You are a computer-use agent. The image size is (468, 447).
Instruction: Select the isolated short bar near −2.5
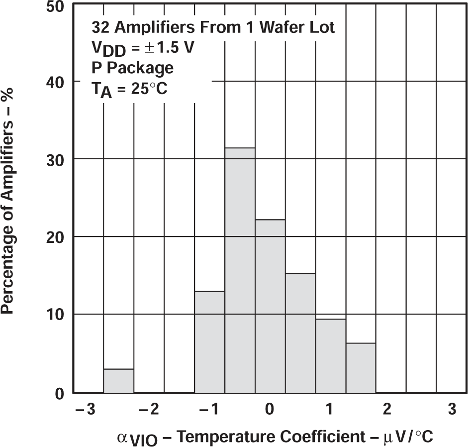118,381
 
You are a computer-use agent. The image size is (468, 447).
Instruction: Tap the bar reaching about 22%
270,306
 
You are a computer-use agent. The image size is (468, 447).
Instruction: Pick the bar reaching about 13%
209,342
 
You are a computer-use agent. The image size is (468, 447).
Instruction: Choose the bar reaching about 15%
300,333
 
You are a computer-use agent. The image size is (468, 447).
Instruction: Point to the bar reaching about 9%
331,356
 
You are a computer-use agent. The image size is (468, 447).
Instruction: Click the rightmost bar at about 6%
361,368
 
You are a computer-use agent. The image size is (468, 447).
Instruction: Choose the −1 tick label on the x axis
207,410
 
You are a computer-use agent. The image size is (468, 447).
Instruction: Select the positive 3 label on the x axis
452,410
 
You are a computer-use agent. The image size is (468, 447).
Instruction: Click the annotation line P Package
132,67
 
